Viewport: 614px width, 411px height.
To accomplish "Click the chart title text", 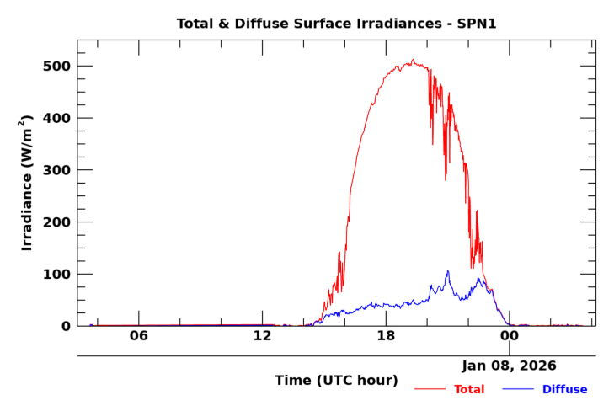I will click(x=336, y=24).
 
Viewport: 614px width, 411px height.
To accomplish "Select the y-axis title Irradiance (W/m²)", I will click(x=27, y=182).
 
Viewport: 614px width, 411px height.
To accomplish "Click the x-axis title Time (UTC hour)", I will click(x=336, y=381).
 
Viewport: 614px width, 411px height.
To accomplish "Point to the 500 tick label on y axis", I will click(x=56, y=67).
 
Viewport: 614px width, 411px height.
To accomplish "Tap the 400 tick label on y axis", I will click(x=56, y=119).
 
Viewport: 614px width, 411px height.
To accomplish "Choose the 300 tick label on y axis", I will click(x=56, y=170).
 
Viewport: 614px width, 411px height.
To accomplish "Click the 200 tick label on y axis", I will click(x=56, y=222).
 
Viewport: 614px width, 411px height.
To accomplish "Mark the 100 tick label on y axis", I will click(x=56, y=275).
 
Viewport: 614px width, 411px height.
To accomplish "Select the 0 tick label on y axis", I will click(x=66, y=326).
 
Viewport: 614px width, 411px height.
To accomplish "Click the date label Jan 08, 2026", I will click(x=509, y=366).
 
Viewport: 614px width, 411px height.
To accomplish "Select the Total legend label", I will click(x=469, y=389).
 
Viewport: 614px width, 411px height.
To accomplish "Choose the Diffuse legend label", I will click(x=564, y=389).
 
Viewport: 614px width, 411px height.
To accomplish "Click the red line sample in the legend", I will click(x=430, y=389).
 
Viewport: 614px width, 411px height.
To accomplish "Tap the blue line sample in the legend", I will click(x=518, y=389).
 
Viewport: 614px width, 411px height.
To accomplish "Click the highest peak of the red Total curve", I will click(x=413, y=60).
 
